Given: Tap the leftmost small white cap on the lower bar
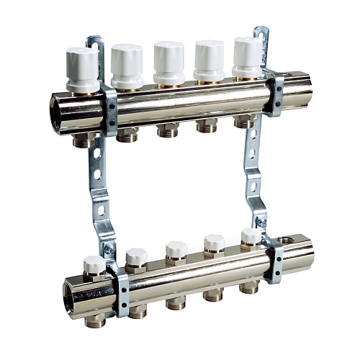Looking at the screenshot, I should (94, 264).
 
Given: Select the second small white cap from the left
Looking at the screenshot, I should (136, 256).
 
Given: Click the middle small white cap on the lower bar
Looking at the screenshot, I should (176, 248).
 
